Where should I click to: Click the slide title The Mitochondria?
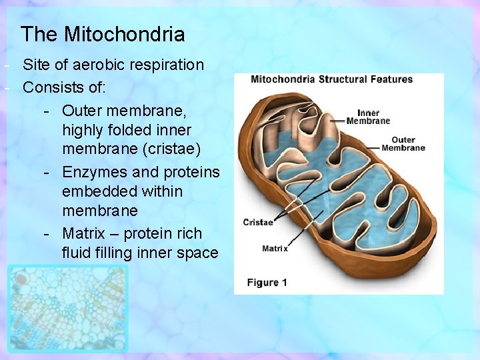[103, 34]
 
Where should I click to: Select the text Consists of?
[65, 87]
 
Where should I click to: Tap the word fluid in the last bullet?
[77, 253]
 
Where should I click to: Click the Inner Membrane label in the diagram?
[368, 117]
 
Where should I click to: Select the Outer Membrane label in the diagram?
[403, 144]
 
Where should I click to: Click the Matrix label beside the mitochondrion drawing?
[275, 249]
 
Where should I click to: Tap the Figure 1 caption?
[267, 283]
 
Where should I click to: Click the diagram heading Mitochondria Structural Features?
[331, 79]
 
